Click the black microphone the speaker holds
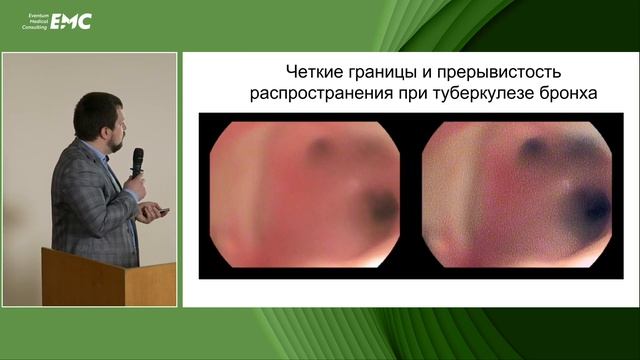[137, 160]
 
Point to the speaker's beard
[116, 139]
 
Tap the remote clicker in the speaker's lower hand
[161, 211]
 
